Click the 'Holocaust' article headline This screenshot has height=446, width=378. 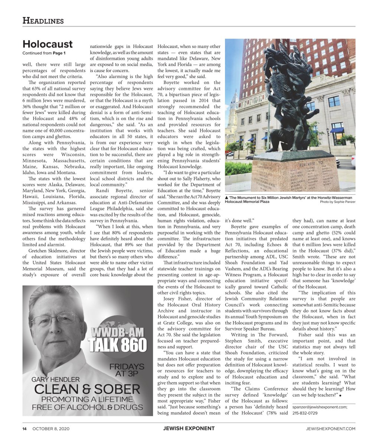tap(48, 44)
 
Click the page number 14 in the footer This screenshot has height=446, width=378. tap(24, 429)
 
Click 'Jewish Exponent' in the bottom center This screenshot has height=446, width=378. tap(189, 429)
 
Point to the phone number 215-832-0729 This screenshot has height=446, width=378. tap(305, 413)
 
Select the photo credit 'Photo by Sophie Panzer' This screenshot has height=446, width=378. tap(337, 202)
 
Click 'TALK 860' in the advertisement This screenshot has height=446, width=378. tap(118, 345)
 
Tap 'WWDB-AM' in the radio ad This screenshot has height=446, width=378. tap(117, 332)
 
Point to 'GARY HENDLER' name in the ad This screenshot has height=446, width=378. tap(55, 379)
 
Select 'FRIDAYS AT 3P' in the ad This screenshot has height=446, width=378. tap(127, 370)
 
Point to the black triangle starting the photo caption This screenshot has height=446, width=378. tap(227, 197)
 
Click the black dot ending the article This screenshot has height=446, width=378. tap(340, 396)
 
